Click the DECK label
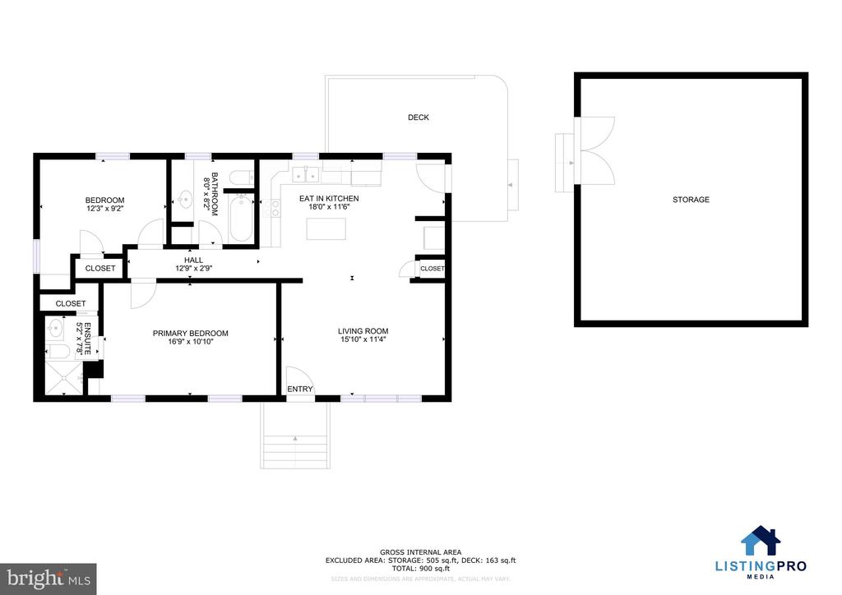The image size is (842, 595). click(x=419, y=118)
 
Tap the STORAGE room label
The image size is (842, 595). click(x=691, y=200)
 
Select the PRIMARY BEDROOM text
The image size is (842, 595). click(x=191, y=333)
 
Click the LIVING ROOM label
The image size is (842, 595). click(x=363, y=331)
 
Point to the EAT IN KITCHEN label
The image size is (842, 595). click(x=329, y=198)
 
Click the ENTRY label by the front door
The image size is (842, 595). click(x=299, y=390)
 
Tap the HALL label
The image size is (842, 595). click(x=193, y=260)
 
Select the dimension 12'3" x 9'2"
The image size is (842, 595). click(x=104, y=209)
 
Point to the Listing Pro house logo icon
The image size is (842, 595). click(x=760, y=542)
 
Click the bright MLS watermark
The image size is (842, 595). click(x=49, y=578)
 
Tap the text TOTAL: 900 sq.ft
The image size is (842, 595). click(x=420, y=569)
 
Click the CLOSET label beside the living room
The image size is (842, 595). click(x=432, y=269)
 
